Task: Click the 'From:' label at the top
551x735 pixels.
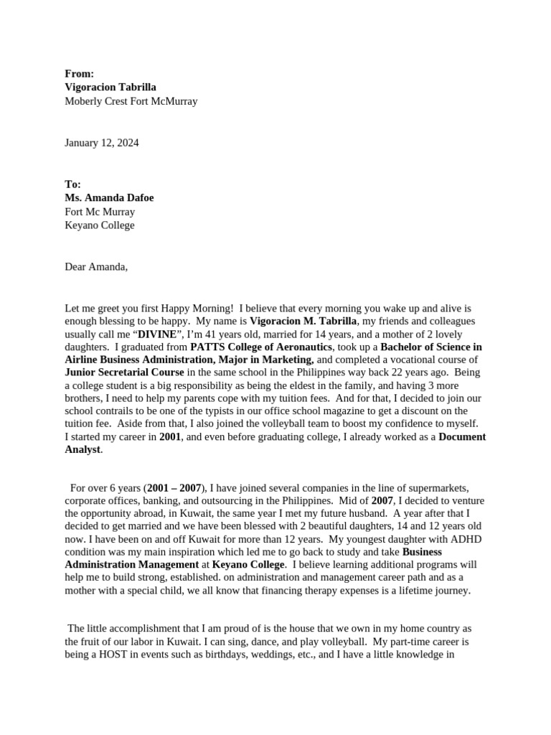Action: [x=79, y=73]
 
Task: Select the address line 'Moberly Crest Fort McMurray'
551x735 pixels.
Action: [x=131, y=101]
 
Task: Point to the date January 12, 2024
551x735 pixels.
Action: [x=102, y=143]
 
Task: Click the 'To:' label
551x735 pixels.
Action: [x=73, y=184]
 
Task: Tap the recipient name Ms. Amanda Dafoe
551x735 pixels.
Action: [x=109, y=198]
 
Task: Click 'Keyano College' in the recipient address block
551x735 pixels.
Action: [x=100, y=225]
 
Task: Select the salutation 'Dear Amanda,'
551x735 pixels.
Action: [x=96, y=267]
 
